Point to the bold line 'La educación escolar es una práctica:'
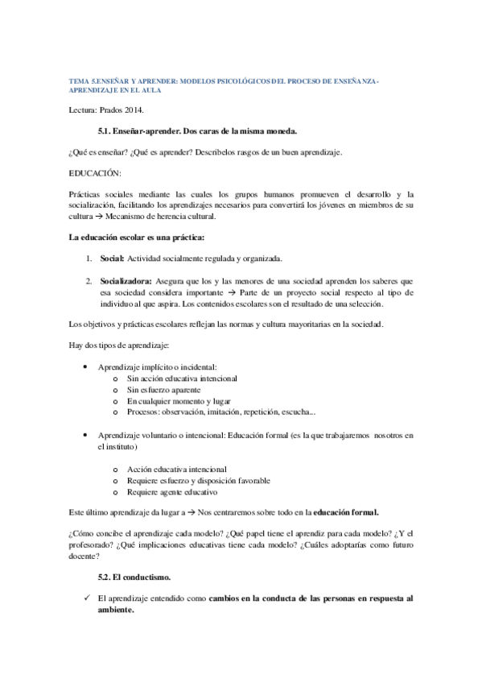click(138, 238)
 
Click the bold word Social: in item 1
click(112, 259)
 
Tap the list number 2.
click(89, 280)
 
